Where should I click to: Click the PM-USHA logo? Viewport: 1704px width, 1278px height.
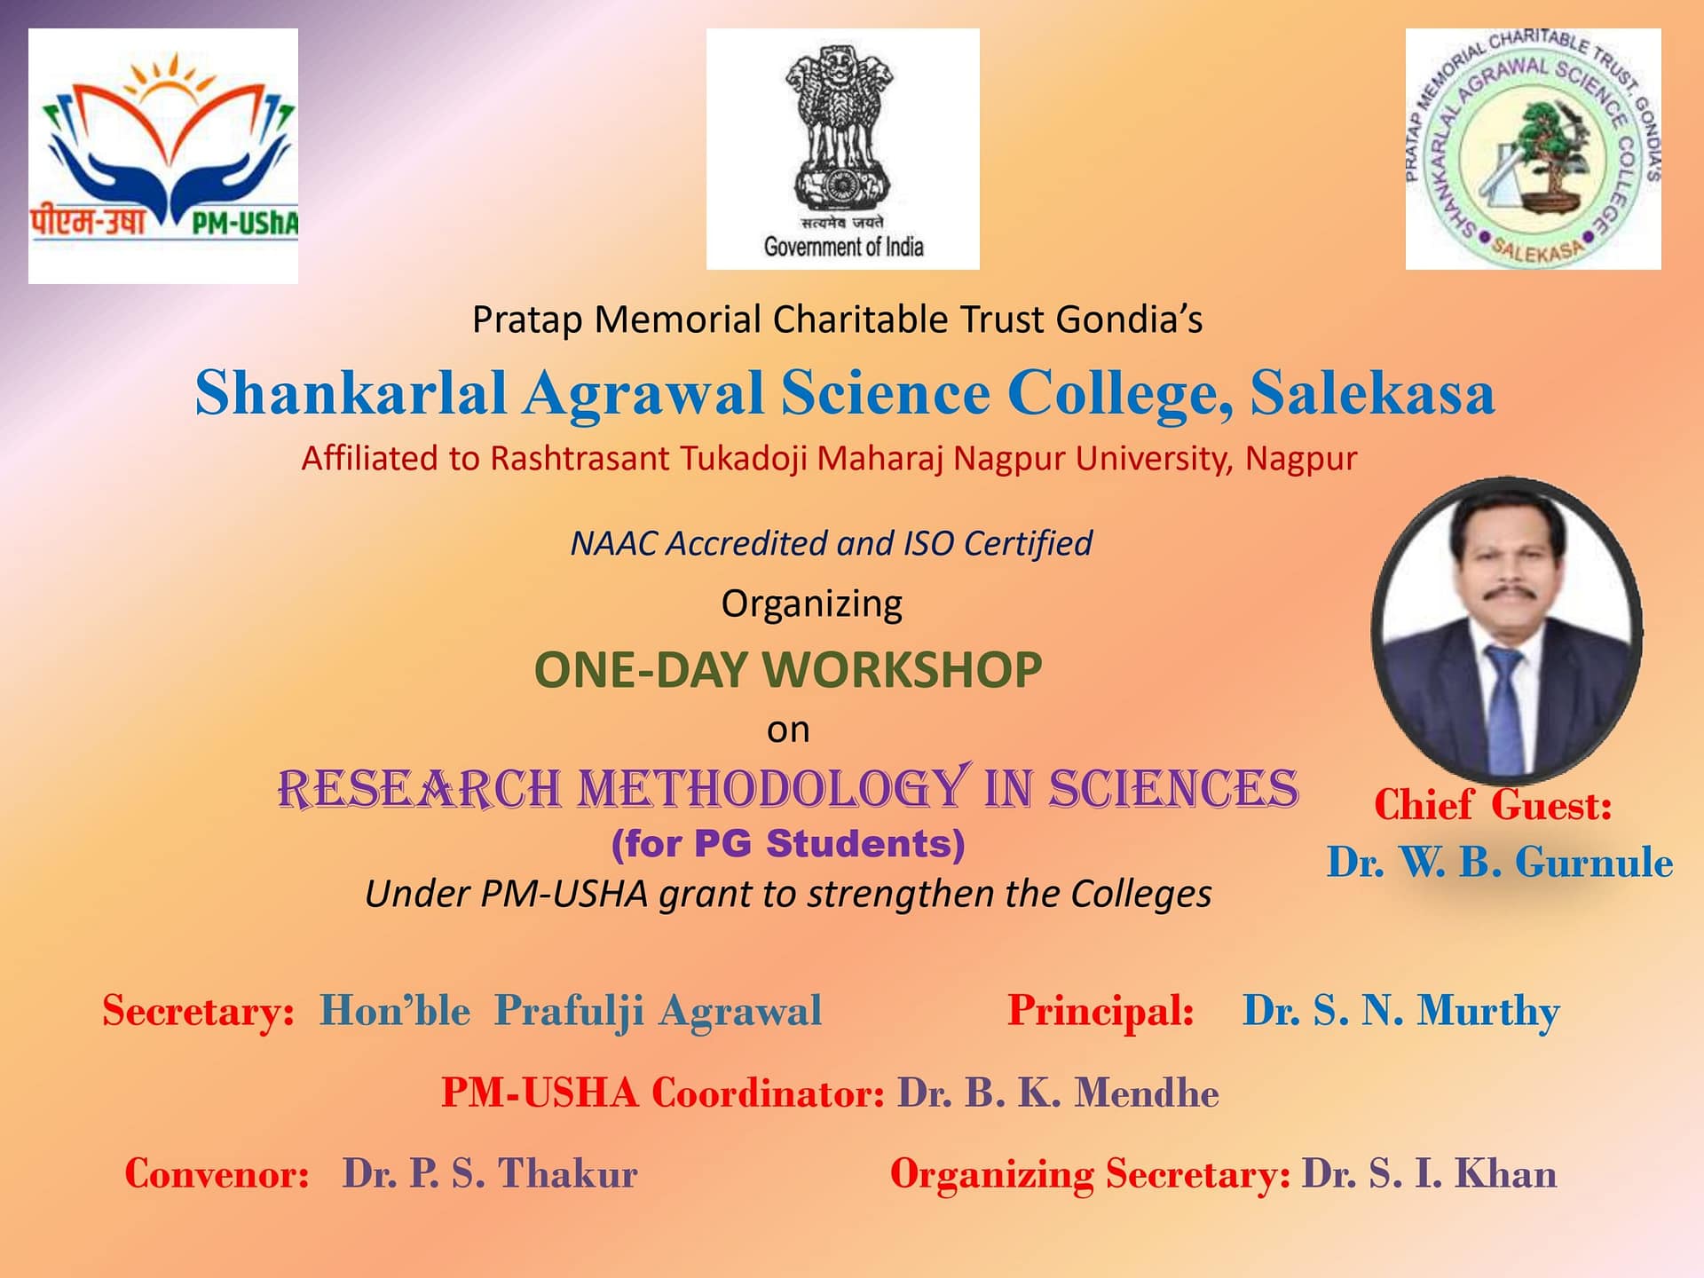click(x=163, y=156)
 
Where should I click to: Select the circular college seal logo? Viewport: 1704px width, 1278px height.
click(x=1533, y=149)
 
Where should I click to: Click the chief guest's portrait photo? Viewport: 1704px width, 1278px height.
click(x=1506, y=631)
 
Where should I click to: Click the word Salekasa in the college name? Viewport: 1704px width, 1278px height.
click(x=1373, y=392)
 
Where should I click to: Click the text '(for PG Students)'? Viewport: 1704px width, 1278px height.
click(x=788, y=844)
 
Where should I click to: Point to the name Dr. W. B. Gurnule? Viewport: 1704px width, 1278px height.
click(x=1500, y=862)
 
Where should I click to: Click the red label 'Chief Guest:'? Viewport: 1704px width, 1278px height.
click(x=1493, y=805)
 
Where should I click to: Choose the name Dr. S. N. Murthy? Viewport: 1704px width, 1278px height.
click(x=1400, y=1012)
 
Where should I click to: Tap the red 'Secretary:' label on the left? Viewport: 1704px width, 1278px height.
click(x=198, y=1012)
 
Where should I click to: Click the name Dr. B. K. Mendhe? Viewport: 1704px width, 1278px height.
click(x=1058, y=1093)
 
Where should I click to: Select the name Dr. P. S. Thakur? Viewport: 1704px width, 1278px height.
click(x=490, y=1173)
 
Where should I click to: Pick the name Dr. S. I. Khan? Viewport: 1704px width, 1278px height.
click(x=1429, y=1173)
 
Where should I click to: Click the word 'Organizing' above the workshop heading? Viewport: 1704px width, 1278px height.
click(x=811, y=604)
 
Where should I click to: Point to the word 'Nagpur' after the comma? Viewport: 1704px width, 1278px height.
click(x=1301, y=460)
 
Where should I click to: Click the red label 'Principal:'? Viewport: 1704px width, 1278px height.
click(x=1100, y=1012)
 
